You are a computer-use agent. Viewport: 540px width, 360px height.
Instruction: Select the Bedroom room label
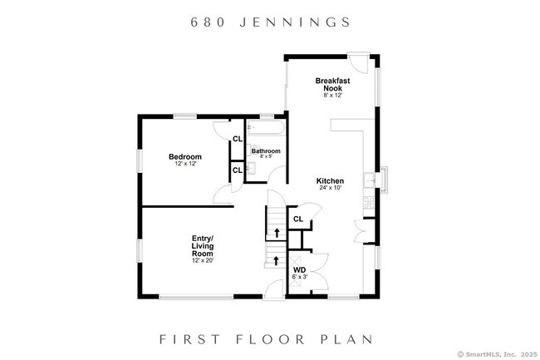pyautogui.click(x=184, y=157)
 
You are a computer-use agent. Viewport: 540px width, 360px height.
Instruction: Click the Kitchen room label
pyautogui.click(x=330, y=180)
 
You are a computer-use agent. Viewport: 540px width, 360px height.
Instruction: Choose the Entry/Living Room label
pyautogui.click(x=203, y=246)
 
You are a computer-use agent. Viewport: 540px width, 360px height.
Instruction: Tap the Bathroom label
pyautogui.click(x=267, y=151)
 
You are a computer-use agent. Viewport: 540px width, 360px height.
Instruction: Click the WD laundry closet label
pyautogui.click(x=299, y=269)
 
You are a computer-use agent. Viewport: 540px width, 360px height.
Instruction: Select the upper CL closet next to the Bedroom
pyautogui.click(x=237, y=139)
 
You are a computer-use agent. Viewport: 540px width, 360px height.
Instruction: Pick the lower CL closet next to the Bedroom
pyautogui.click(x=237, y=170)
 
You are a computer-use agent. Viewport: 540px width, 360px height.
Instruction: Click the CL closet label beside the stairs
pyautogui.click(x=298, y=219)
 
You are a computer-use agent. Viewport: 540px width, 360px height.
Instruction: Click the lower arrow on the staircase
pyautogui.click(x=275, y=260)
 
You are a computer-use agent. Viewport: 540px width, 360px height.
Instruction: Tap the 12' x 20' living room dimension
pyautogui.click(x=203, y=261)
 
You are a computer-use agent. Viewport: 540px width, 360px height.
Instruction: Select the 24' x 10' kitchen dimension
pyautogui.click(x=330, y=189)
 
